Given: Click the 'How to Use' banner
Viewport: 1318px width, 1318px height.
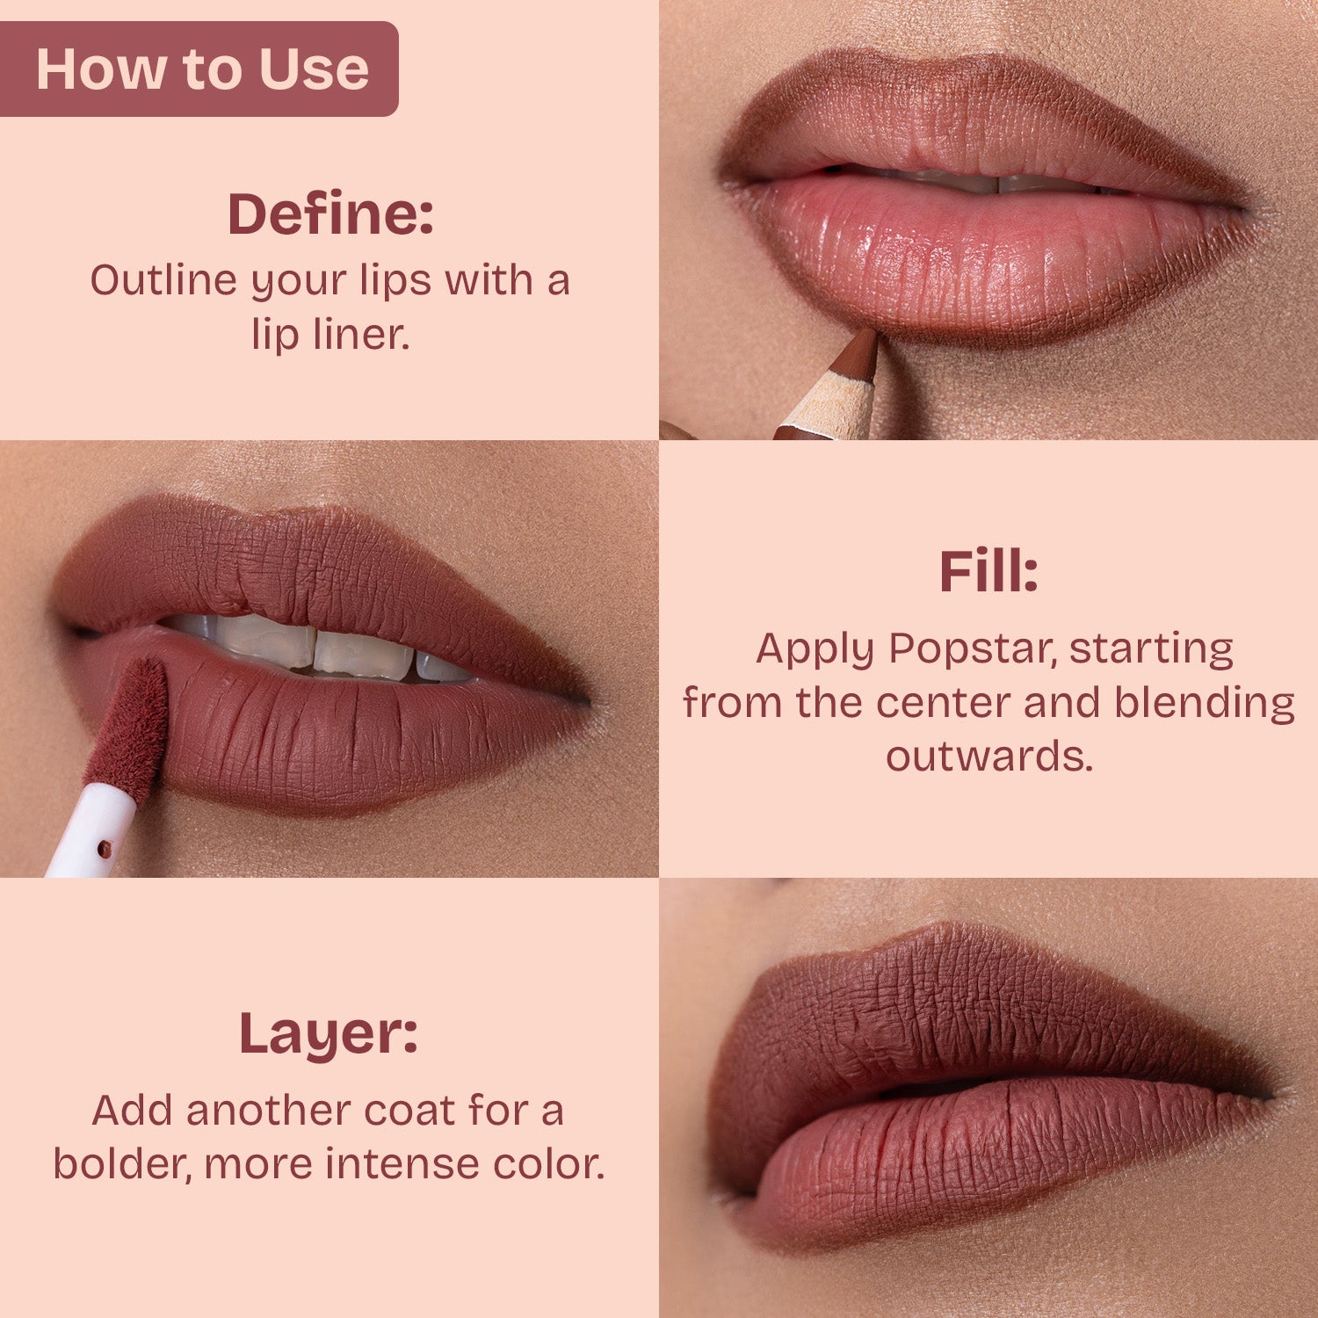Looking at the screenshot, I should point(201,69).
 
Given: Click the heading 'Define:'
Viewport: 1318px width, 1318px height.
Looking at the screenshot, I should point(330,214).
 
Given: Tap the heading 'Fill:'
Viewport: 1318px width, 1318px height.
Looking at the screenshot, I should point(988,572).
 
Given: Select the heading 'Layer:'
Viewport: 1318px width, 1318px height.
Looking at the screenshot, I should point(329,1034).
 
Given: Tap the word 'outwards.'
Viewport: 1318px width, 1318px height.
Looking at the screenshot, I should point(989,757).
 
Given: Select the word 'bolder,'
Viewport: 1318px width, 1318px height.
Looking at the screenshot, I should point(123,1164).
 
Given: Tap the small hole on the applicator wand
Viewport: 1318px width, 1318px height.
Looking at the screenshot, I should point(105,849).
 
